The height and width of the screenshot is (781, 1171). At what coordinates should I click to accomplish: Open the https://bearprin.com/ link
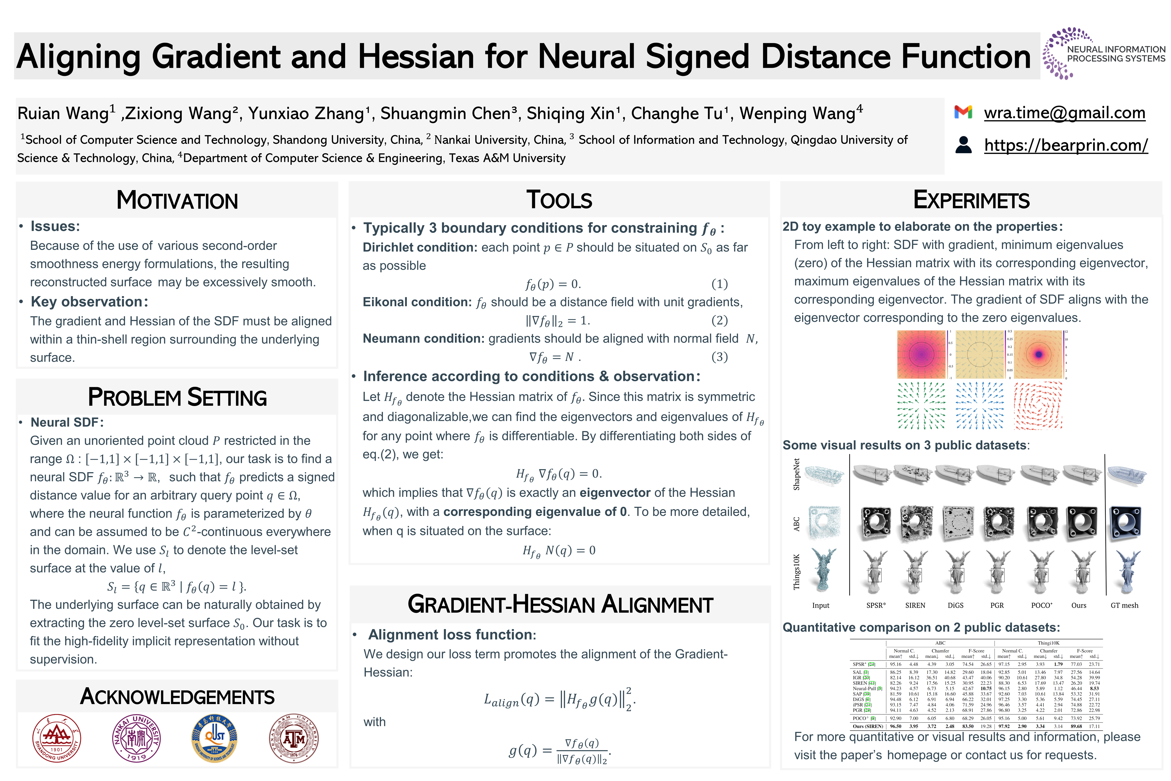pyautogui.click(x=1066, y=145)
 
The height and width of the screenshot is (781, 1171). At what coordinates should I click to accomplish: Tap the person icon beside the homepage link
pyautogui.click(x=963, y=145)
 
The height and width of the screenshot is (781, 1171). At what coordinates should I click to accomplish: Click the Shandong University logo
pyautogui.click(x=57, y=738)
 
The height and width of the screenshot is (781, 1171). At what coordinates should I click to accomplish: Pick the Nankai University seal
pyautogui.click(x=136, y=738)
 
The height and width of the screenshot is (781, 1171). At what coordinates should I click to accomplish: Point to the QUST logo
pyautogui.click(x=215, y=738)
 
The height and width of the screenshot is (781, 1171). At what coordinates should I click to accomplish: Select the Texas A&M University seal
pyautogui.click(x=294, y=738)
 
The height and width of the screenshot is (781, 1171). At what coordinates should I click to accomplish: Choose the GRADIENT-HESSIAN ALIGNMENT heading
pyautogui.click(x=560, y=605)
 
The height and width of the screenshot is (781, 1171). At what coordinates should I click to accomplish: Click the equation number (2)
pyautogui.click(x=719, y=320)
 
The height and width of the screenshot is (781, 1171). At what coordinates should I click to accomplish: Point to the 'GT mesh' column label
pyautogui.click(x=1124, y=606)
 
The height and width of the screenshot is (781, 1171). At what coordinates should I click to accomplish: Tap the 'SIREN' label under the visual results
pyautogui.click(x=915, y=606)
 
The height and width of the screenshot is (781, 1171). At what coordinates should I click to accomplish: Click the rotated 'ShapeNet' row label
pyautogui.click(x=797, y=474)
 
